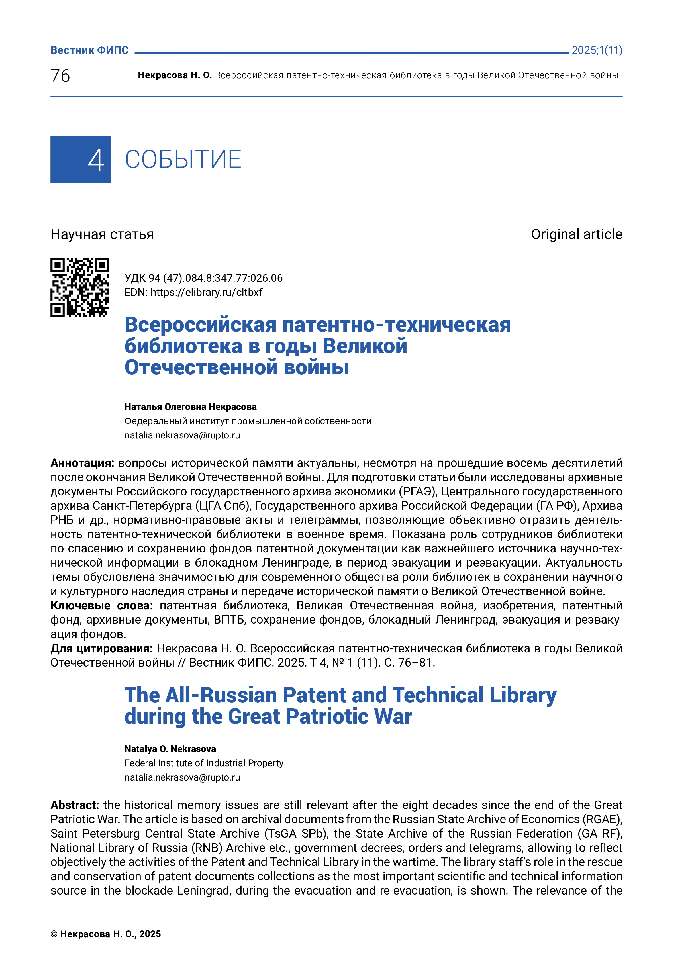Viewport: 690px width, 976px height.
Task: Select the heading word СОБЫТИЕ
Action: tap(183, 160)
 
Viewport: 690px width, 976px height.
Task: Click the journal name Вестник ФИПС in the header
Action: tap(89, 50)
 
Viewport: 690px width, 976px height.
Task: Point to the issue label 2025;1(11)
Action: tap(597, 50)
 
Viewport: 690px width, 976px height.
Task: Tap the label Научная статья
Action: tap(102, 234)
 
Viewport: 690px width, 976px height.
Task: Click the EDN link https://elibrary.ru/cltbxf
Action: tap(206, 293)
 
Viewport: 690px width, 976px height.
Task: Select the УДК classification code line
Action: tap(203, 278)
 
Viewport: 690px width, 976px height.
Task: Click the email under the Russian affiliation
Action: tap(182, 435)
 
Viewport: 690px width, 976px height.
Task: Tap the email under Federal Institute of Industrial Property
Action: tap(182, 777)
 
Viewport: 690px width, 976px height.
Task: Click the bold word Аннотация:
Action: tap(82, 463)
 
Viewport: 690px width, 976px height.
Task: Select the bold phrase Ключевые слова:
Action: tap(102, 605)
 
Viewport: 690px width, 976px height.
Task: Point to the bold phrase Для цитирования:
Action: tap(101, 648)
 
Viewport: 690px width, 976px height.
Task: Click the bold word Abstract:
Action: tap(74, 805)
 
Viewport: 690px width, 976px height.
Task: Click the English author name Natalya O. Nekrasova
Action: tap(170, 749)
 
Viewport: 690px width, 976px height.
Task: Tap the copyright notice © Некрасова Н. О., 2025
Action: tap(105, 934)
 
